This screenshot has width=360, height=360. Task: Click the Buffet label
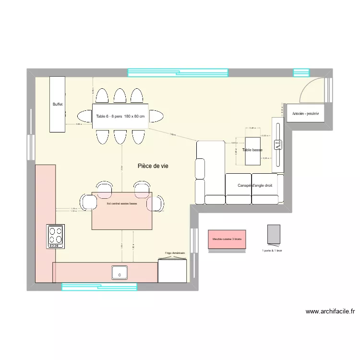pyautogui.click(x=57, y=104)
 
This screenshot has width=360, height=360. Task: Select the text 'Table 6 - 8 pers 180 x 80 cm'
pyautogui.click(x=120, y=117)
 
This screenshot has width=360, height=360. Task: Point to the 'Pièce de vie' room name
pyautogui.click(x=153, y=166)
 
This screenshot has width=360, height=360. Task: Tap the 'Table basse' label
pyautogui.click(x=252, y=150)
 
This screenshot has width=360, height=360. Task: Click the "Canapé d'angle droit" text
pyautogui.click(x=258, y=185)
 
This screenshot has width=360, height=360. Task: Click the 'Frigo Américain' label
pyautogui.click(x=175, y=252)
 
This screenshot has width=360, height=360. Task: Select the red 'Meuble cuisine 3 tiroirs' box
pyautogui.click(x=227, y=239)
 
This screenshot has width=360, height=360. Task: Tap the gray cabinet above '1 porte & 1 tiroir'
pyautogui.click(x=274, y=234)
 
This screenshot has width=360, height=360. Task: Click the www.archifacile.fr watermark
pyautogui.click(x=330, y=312)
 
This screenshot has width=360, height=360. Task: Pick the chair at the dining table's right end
pyautogui.click(x=156, y=116)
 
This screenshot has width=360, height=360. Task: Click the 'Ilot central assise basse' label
pyautogui.click(x=122, y=204)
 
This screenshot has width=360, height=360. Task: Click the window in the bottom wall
pyautogui.click(x=99, y=287)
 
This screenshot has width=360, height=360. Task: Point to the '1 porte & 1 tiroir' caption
pyautogui.click(x=272, y=251)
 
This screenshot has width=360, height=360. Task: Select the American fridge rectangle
pyautogui.click(x=172, y=271)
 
